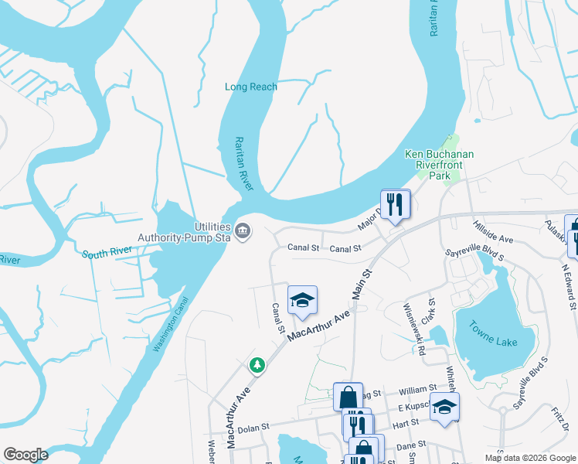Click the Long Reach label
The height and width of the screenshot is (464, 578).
pos(250,87)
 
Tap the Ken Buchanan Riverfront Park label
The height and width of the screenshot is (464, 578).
pos(439,165)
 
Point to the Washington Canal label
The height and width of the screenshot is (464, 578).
pos(170,325)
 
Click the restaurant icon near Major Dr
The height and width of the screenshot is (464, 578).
pos(395,205)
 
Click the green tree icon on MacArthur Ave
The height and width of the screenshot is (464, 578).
pos(256,364)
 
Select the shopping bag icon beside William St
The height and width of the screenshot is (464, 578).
pos(348,397)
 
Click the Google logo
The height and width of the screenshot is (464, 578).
pos(26,455)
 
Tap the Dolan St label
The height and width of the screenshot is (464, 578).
pos(253,428)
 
